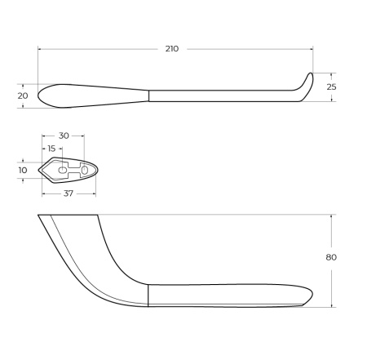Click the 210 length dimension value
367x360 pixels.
tap(171, 49)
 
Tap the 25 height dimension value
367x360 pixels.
tap(332, 87)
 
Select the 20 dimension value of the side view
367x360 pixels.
tap(22, 96)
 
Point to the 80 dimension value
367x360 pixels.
tap(331, 257)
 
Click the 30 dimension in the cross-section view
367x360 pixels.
tap(63, 136)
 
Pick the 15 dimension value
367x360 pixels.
tap(52, 149)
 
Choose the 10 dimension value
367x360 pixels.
tap(23, 170)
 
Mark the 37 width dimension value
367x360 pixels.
tap(69, 193)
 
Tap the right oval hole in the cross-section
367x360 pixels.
tap(84, 169)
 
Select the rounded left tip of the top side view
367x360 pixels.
tap(40, 95)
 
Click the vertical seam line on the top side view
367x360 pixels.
tap(148, 96)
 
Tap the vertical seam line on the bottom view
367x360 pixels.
tap(148, 295)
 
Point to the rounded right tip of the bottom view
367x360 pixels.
tap(312, 294)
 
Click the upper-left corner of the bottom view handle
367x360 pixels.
tap(39, 216)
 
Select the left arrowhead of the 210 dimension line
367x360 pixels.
tap(40, 49)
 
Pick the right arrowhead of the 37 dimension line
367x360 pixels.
tap(95, 193)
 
